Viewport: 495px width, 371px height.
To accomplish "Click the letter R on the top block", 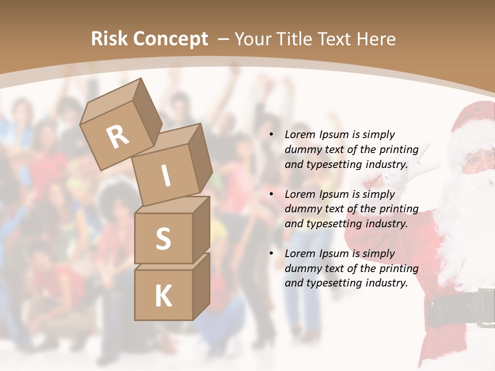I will click(118, 137).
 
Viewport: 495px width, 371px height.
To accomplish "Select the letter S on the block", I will click(163, 239).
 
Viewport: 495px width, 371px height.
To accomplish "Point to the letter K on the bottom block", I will click(163, 296).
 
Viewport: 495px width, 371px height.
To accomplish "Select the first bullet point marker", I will click(271, 135).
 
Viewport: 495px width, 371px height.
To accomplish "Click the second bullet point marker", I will click(271, 194).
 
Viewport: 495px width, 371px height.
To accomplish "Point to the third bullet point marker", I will click(271, 254).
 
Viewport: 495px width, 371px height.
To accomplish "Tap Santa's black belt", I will click(459, 308).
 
